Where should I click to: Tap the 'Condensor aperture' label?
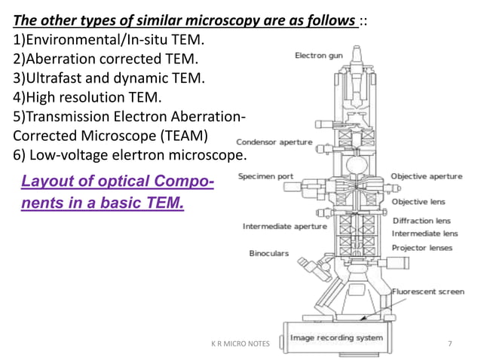tap(270, 142)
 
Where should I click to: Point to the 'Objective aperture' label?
tap(426, 176)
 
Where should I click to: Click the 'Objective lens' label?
tap(418, 201)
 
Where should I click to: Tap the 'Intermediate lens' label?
tap(424, 233)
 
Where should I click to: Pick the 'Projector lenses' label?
tap(422, 246)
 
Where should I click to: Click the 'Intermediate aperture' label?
tap(284, 226)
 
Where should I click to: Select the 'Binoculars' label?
tap(269, 254)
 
